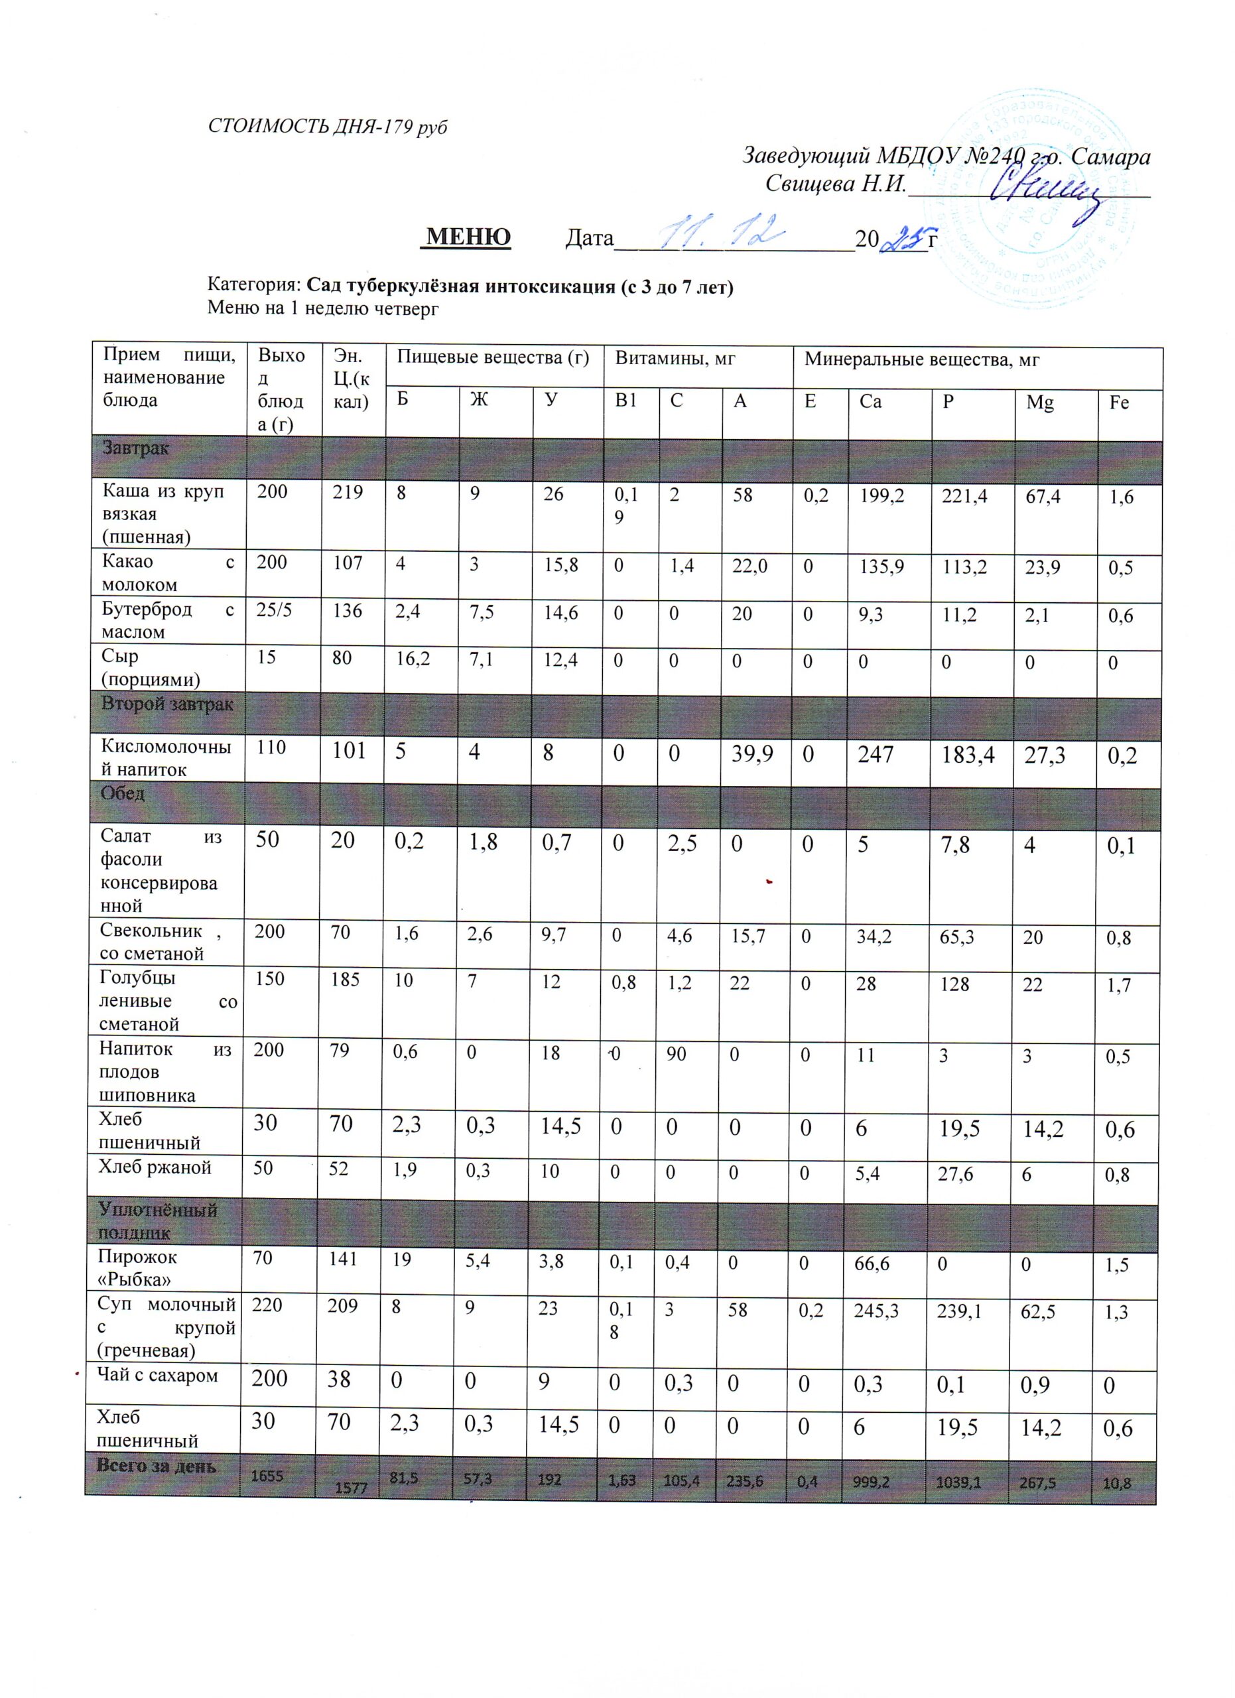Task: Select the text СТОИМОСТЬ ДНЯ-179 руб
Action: point(327,127)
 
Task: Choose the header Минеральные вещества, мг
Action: point(921,360)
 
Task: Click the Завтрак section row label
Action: point(135,448)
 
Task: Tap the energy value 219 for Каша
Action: point(348,493)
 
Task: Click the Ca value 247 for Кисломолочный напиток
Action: point(876,754)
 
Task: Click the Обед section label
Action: point(123,793)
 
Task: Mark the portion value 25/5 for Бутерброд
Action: point(273,610)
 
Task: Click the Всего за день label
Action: point(157,1467)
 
